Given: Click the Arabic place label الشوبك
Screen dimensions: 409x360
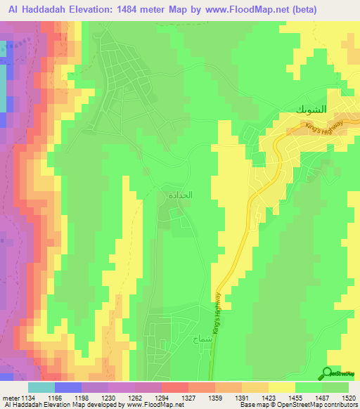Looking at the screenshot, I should [307, 110].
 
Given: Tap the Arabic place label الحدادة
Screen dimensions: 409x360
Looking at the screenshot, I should [179, 195].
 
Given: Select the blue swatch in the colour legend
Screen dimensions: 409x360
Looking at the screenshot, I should [68, 387].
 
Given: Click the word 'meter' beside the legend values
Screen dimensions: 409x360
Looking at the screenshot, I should [11, 397].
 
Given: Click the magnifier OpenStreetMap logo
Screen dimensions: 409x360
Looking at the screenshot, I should [328, 373].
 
